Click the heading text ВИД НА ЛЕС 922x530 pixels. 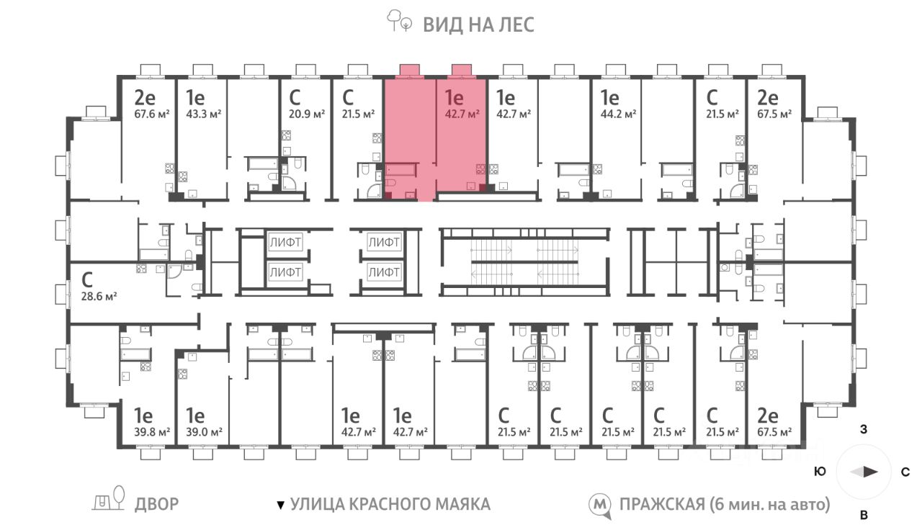coord(479,24)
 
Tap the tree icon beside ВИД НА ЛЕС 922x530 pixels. coord(399,21)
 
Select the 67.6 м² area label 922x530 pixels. coord(152,114)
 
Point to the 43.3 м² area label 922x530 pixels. coord(203,114)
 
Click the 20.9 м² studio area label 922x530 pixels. coord(307,114)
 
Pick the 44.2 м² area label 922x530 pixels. coord(618,114)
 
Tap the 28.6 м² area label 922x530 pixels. coord(99,296)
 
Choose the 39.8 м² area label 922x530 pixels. coord(152,433)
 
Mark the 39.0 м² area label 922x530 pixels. coord(204,433)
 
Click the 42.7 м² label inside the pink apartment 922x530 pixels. coord(462,114)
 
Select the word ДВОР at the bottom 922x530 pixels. coord(156,504)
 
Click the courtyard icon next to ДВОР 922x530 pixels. coord(109,498)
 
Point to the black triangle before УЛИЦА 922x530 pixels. coord(281,505)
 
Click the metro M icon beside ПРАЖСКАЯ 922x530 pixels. coord(600,506)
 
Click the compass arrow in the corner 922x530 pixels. coord(864,472)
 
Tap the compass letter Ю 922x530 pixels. coord(820,472)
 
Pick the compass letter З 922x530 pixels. coord(864,429)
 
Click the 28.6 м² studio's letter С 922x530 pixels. coord(87,280)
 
